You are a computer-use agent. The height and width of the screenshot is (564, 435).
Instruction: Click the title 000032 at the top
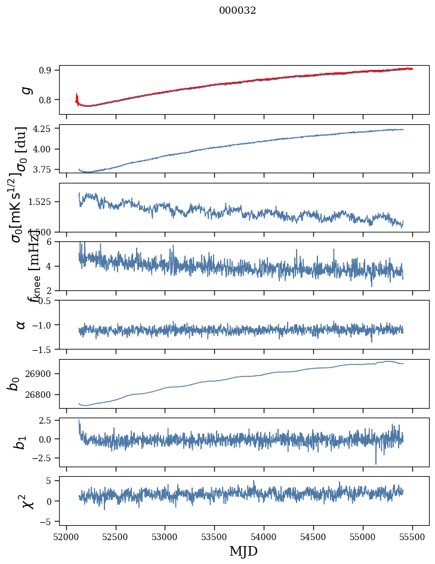237,11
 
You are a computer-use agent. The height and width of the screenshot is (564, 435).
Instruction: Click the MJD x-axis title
243,551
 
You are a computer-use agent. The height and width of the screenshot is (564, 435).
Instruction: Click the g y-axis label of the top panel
25,90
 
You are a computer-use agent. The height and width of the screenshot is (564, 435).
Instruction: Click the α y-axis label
21,324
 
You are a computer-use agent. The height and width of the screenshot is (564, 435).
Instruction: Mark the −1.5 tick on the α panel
43,349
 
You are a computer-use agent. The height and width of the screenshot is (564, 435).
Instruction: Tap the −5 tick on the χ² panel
47,522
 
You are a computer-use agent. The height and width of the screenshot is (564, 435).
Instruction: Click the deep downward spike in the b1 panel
376,462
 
